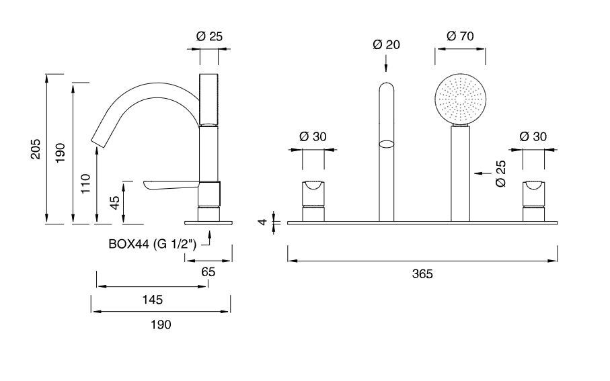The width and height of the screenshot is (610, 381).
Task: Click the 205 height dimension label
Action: point(36,149)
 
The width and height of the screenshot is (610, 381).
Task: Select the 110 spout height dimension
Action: point(85,183)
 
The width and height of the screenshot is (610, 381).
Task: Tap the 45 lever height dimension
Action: point(115,202)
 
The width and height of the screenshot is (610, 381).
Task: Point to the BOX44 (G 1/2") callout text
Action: point(153,244)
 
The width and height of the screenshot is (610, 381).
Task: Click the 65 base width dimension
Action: point(208,271)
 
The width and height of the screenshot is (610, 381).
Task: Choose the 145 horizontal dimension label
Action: point(153,300)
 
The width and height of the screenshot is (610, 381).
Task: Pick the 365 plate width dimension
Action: point(422,274)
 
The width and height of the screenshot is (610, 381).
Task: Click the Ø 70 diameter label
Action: point(460,36)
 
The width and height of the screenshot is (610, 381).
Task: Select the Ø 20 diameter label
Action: point(386,45)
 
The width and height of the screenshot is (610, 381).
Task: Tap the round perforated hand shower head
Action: point(460,99)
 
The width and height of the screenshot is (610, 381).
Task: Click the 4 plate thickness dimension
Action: point(263,222)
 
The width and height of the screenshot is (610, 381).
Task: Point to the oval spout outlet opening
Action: point(386,144)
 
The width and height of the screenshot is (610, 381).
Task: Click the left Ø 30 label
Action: point(313,136)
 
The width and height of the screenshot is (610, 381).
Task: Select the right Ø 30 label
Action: point(533,136)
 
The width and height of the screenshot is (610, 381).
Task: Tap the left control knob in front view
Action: point(313,201)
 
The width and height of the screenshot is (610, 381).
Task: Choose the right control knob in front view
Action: point(533,201)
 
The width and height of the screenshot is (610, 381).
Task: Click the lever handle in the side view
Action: point(171,185)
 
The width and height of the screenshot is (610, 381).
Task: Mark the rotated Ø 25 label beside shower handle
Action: point(501,173)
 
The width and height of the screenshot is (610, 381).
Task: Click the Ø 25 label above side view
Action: point(209,36)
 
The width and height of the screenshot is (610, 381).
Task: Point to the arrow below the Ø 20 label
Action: point(386,63)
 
